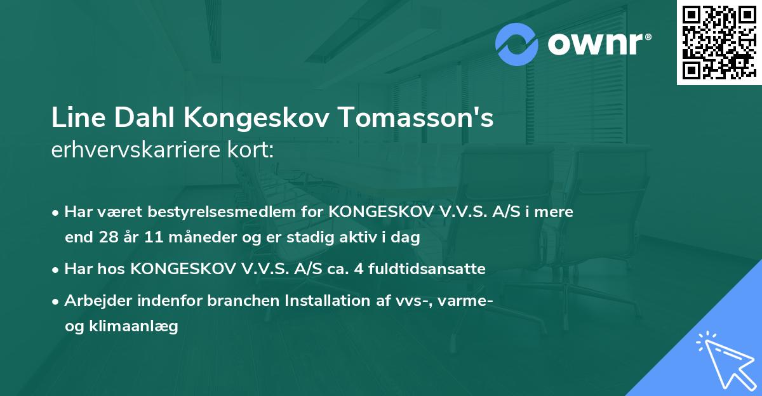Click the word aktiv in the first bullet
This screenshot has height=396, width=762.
click(x=370, y=237)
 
